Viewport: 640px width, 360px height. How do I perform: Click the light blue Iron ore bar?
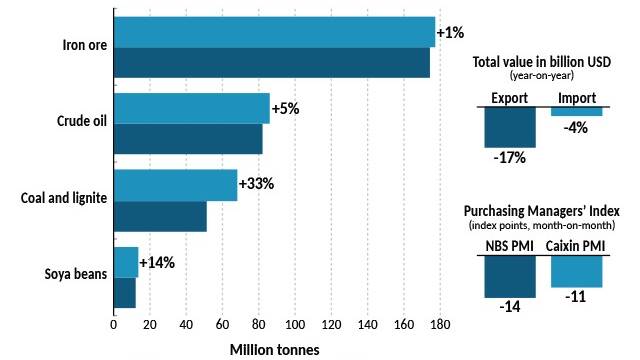coord(274,32)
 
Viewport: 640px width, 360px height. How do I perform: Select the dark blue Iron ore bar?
coord(272,62)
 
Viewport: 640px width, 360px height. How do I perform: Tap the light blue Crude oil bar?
coord(192,108)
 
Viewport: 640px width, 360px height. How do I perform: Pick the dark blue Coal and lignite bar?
coord(160,216)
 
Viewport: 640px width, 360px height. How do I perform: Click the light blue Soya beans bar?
coord(126,262)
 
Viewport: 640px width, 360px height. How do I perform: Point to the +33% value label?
coord(256,184)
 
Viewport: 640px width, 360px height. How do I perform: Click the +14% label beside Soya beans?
coord(157,262)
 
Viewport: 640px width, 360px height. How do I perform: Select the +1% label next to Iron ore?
coord(450,32)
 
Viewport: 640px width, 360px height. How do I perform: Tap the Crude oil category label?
coord(82,121)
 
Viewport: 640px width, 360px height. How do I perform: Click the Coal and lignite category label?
coord(64,198)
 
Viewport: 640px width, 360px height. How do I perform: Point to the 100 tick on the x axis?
coord(295,325)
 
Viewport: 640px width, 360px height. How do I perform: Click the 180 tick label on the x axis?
coord(440,325)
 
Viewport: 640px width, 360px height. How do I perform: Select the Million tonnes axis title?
coord(274,350)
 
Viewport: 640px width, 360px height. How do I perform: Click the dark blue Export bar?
coord(510,127)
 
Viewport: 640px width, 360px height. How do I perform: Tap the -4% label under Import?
coord(576,128)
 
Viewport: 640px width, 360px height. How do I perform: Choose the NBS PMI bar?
coord(510,277)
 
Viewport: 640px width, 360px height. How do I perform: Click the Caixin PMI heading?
coord(575,246)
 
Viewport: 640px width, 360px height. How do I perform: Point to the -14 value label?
coord(510,307)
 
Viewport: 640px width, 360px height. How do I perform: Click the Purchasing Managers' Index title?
coord(542,211)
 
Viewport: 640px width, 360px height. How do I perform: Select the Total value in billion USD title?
coord(542,62)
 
